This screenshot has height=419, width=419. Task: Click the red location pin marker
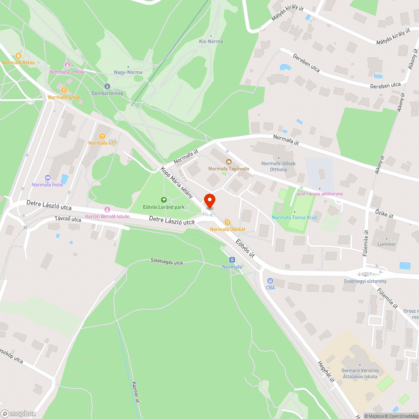(209, 200)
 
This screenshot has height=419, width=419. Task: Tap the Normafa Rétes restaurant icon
(18, 55)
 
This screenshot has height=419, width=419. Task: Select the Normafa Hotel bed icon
(47, 178)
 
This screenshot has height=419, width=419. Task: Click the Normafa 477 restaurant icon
(102, 136)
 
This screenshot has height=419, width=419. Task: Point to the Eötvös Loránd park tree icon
(163, 200)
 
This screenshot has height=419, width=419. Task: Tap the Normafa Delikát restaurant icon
(227, 222)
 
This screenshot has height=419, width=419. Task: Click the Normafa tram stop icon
(232, 260)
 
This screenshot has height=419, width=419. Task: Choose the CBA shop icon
(270, 281)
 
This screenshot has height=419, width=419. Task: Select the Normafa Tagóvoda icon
(228, 162)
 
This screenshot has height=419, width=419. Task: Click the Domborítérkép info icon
(107, 86)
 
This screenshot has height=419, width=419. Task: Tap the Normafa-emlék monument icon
(67, 65)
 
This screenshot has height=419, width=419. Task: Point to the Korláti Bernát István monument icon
(107, 209)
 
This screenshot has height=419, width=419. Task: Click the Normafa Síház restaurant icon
(64, 90)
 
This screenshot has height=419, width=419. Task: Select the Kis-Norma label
(211, 41)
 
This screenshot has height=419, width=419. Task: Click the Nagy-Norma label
(128, 72)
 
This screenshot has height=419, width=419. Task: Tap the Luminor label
(386, 244)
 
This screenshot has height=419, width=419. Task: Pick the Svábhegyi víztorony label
(365, 281)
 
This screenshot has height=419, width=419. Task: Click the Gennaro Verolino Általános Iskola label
(360, 373)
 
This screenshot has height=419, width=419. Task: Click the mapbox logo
(18, 414)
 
